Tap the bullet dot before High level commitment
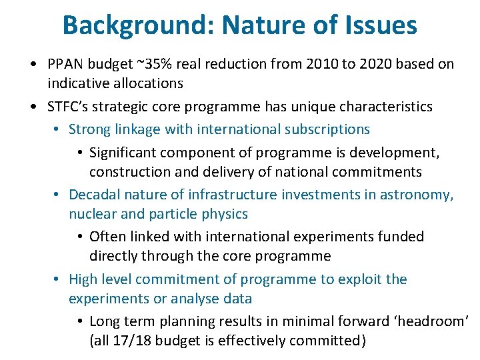(x=58, y=280)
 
